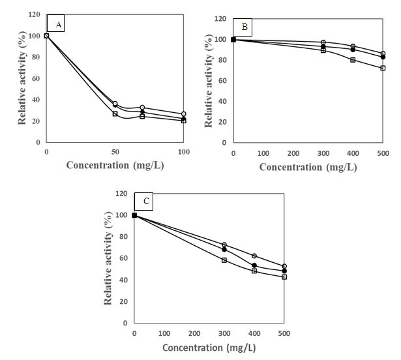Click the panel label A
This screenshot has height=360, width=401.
[x=58, y=25]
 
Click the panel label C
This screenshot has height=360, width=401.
[x=146, y=201]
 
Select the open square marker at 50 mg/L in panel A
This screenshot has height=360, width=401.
[x=115, y=113]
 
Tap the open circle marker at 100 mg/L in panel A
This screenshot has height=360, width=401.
[x=184, y=114]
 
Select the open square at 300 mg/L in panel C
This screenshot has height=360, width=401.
[x=224, y=260]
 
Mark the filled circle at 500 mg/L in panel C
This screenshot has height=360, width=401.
[x=284, y=271]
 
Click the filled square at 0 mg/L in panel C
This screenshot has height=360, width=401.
[x=134, y=215]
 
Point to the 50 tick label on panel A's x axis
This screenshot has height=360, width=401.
[x=115, y=151]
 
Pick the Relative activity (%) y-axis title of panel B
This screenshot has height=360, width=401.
[x=209, y=83]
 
